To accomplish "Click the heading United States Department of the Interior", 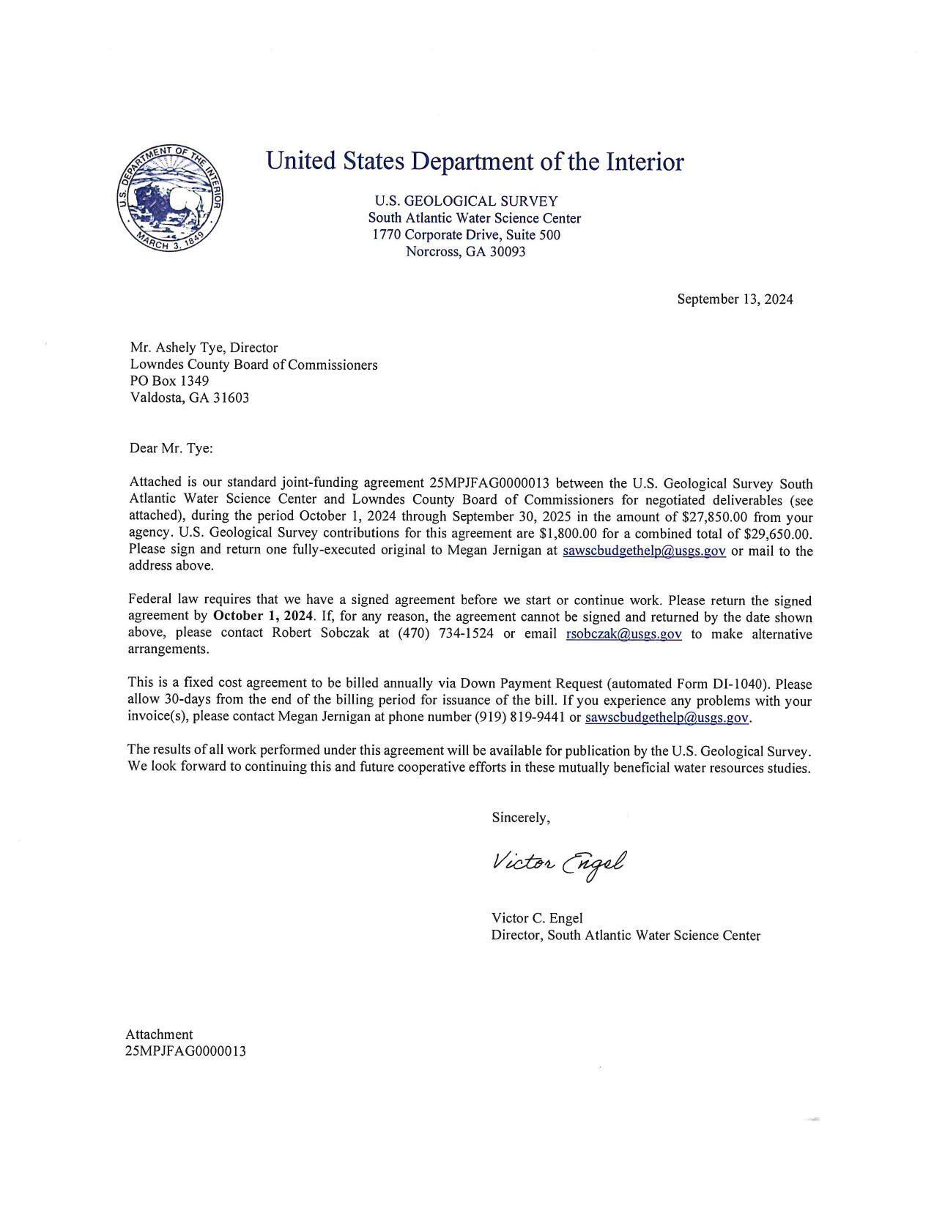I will point(475,161).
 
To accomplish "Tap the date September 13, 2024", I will point(734,299).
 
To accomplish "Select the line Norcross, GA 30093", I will point(466,252).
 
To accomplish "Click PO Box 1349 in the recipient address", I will point(169,381).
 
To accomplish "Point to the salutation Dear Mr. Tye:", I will point(171,448).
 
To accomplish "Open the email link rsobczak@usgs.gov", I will point(624,634).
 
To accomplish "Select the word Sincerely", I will point(520,818).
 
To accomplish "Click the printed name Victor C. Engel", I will point(537,918).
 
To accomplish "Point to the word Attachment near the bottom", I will point(159,1034).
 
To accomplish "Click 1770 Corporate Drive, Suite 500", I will point(466,235).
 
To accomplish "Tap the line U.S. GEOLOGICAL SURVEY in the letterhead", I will point(466,201).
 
